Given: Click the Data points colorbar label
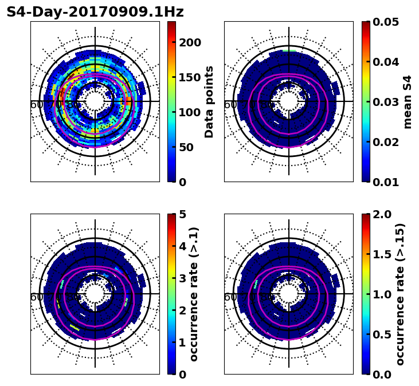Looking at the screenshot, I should pos(209,102).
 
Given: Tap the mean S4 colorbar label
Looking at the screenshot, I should pos(408,102).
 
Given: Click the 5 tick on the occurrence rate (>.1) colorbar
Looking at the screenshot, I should pos(182,214).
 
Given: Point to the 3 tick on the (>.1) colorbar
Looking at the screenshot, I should pos(182,278).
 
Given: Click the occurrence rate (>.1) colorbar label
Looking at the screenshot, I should pos(194,294).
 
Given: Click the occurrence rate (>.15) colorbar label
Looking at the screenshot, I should pos(400,294).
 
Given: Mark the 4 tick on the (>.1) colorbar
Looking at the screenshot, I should pos(182,246).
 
